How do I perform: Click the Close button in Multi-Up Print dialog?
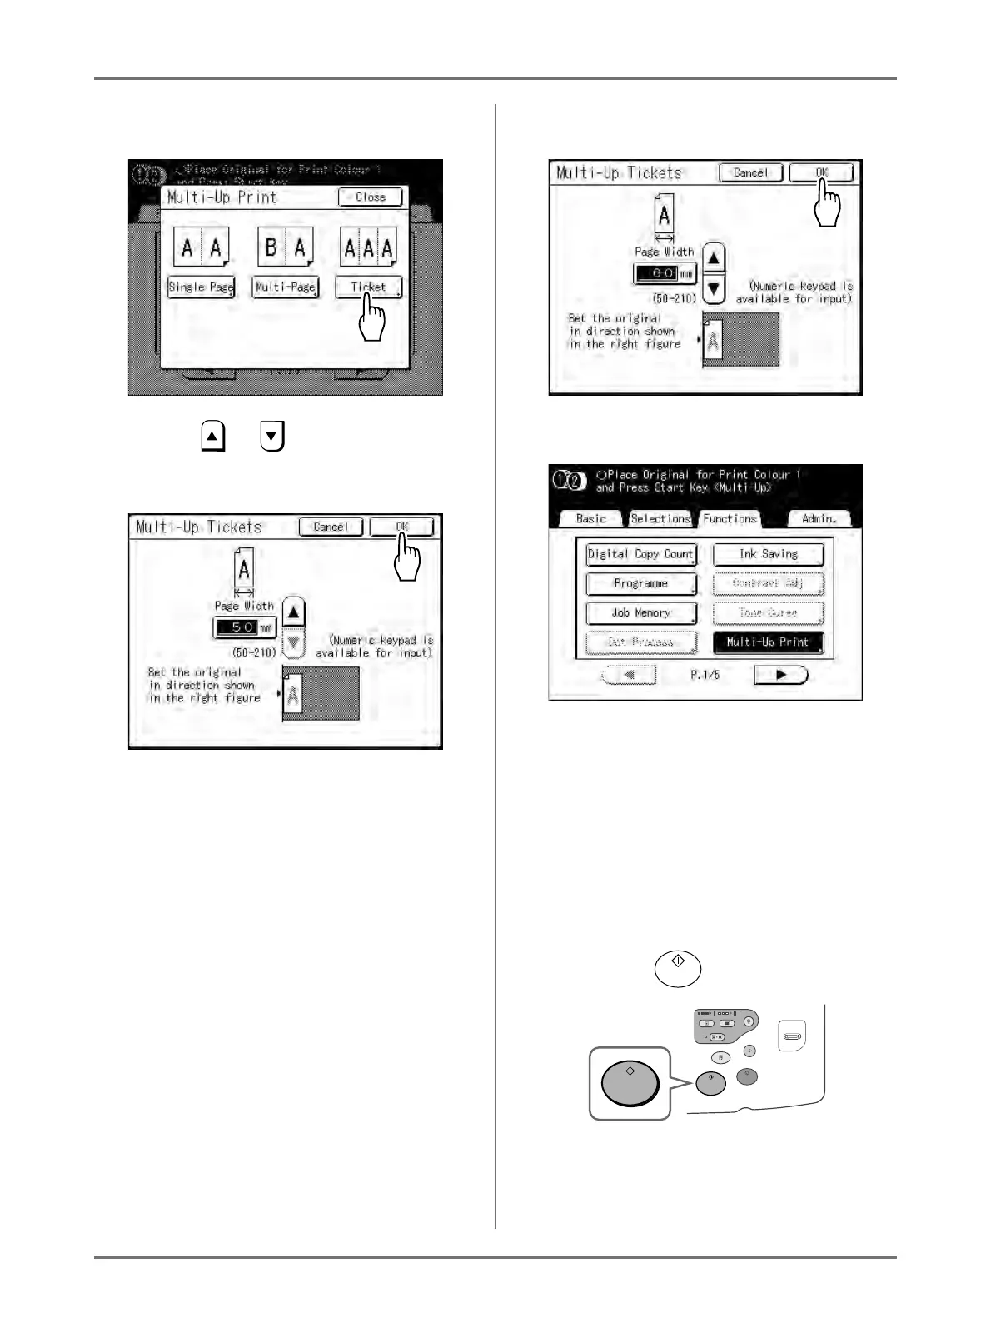tap(370, 197)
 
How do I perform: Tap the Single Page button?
tap(201, 287)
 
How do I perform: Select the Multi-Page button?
tap(286, 287)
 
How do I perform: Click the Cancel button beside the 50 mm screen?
tap(331, 527)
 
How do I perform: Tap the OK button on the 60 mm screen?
tap(821, 172)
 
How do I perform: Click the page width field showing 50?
tap(244, 627)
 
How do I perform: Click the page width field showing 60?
tap(665, 273)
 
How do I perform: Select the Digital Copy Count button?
tap(640, 554)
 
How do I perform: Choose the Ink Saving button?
tap(768, 554)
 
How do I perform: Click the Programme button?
tap(640, 583)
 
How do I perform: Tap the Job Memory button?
tap(640, 612)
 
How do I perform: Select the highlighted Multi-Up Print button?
tap(768, 642)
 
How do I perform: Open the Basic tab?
tap(590, 518)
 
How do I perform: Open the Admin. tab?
tap(819, 518)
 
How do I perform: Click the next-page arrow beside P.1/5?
tap(780, 675)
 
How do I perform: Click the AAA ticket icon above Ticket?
tap(368, 247)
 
